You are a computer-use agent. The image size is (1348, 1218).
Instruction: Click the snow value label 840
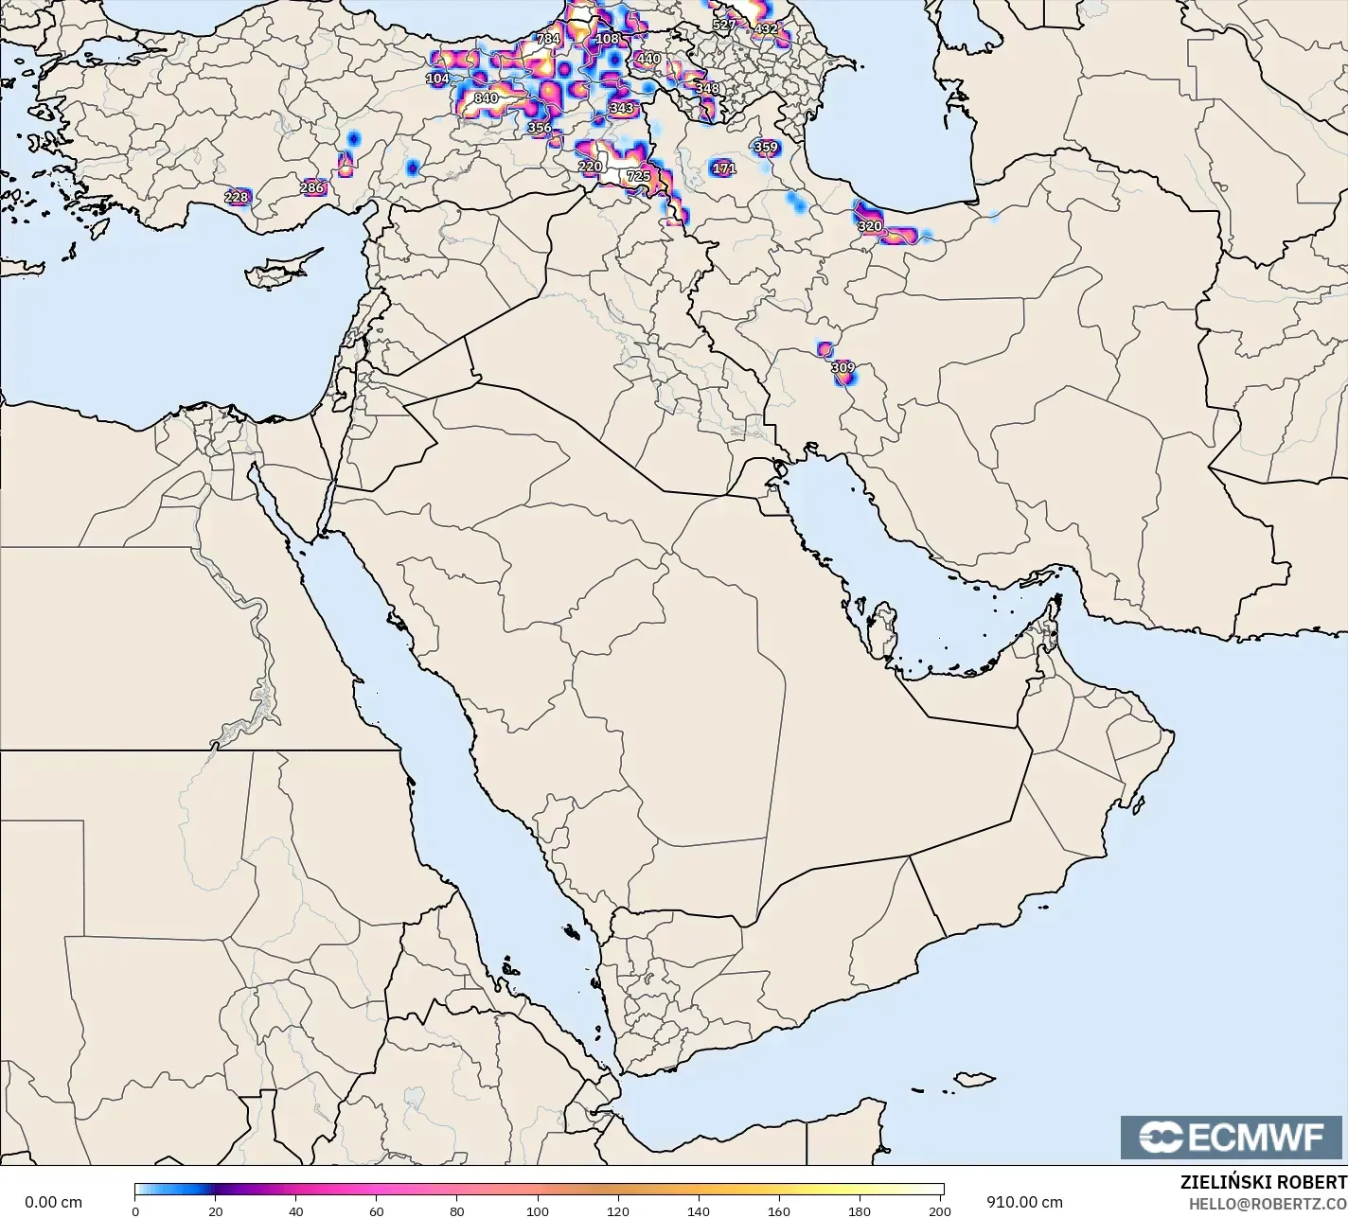(486, 97)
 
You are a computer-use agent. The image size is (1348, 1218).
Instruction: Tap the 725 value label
(638, 176)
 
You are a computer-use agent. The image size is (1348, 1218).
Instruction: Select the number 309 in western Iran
(842, 367)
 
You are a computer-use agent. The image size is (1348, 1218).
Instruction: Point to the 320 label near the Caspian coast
(870, 226)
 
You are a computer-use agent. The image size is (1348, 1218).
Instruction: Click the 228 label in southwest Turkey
(236, 197)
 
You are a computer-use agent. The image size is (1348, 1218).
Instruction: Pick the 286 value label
(311, 187)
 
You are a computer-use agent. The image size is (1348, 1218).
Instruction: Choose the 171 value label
(723, 168)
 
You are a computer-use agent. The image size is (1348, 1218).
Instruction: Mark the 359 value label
(766, 147)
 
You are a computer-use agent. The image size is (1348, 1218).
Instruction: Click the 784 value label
(548, 39)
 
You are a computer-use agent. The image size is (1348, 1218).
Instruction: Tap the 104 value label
(437, 79)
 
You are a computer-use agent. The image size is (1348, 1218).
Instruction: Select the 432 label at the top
(765, 28)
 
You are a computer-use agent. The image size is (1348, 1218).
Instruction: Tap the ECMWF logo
(1232, 1137)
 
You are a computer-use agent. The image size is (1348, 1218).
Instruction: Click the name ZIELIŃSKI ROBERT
(1263, 1182)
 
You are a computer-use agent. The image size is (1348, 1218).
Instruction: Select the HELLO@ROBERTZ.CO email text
(1268, 1203)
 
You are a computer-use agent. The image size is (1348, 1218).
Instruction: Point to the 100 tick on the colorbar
(538, 1210)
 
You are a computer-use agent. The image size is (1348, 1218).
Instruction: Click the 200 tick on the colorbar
(940, 1210)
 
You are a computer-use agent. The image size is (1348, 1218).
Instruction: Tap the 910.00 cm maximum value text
(1024, 1202)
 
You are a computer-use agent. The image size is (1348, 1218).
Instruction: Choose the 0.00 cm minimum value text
(53, 1202)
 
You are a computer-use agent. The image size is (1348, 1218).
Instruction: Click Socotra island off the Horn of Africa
(973, 1079)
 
